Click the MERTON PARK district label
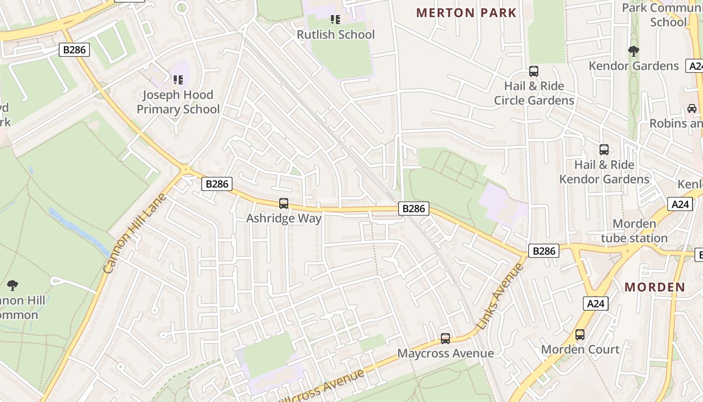point(466,13)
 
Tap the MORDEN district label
point(655,287)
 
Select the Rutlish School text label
point(335,35)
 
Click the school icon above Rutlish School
point(335,20)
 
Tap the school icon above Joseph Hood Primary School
point(178,79)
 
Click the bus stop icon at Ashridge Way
point(284,204)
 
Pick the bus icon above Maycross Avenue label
point(445,339)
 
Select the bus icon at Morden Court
point(580,335)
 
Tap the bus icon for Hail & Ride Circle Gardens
point(534,71)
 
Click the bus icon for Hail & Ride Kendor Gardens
point(604,150)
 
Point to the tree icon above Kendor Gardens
point(633,51)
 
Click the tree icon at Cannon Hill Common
point(13,285)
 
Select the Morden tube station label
point(634,231)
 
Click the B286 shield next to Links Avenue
point(543,251)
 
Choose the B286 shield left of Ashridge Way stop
point(217,184)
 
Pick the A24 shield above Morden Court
point(596,304)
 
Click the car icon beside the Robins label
point(691,109)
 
